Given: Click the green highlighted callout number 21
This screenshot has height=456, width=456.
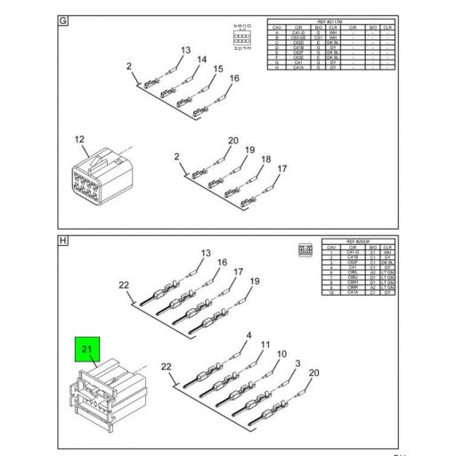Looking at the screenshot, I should (86, 351).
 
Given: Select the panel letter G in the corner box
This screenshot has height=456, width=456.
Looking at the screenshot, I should (63, 21).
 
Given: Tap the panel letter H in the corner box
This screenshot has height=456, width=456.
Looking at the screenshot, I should (63, 240).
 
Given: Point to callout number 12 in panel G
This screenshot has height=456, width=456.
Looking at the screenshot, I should (80, 139).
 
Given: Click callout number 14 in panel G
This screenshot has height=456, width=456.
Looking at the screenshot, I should (201, 60).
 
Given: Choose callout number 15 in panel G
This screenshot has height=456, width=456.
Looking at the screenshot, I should (217, 69).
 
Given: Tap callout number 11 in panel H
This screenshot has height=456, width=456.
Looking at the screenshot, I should (265, 345).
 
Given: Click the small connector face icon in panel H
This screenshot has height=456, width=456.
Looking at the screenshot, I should (305, 251).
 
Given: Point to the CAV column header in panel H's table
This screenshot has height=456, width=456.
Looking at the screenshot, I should (330, 247).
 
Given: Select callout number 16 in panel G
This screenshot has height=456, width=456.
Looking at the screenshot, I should (234, 78).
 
